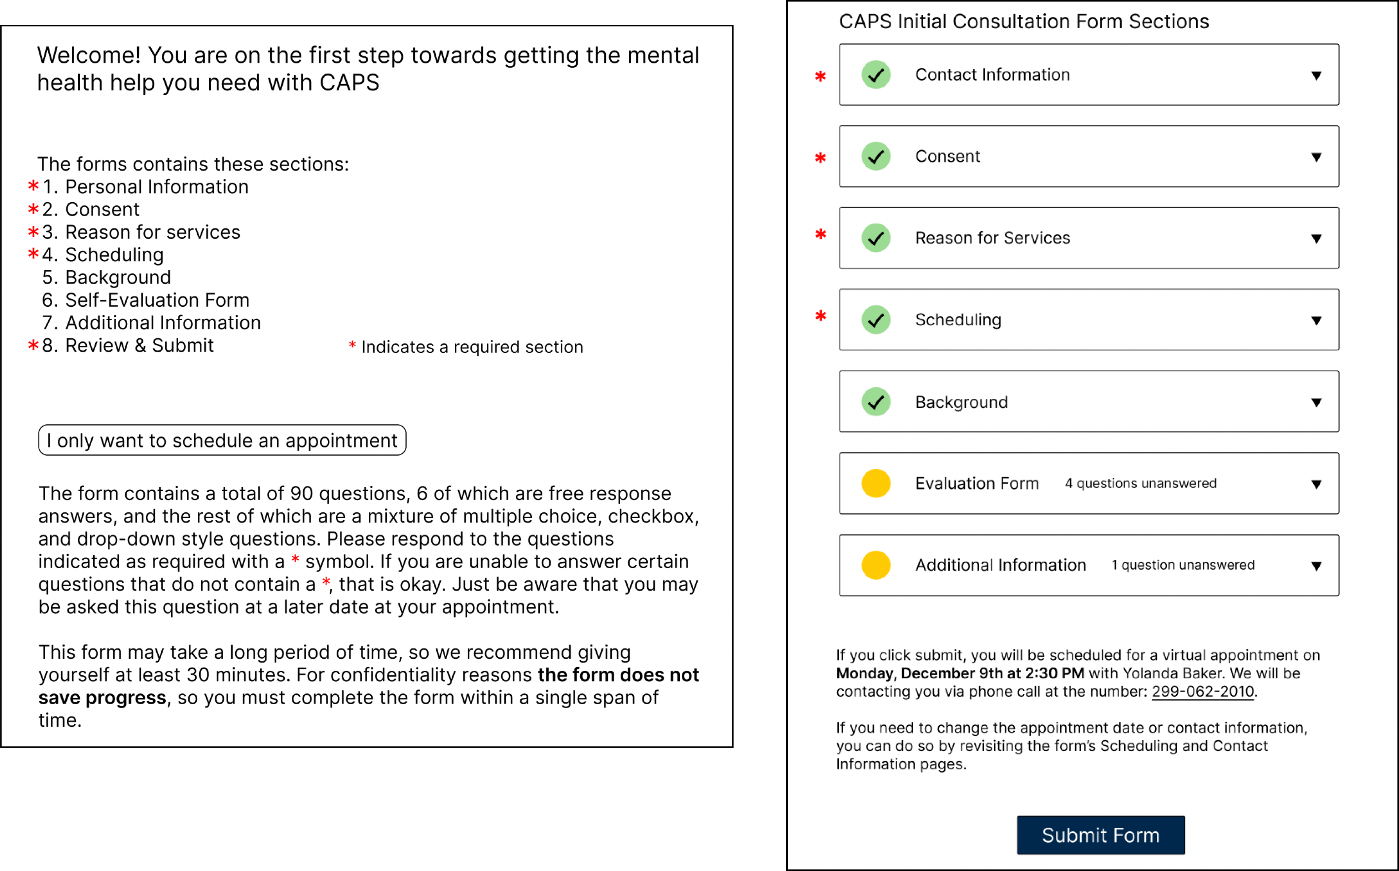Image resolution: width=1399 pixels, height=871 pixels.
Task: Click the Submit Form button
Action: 1101,835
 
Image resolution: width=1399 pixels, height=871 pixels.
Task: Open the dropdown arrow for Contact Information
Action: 1316,75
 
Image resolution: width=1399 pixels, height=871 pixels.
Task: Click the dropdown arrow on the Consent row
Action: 1316,157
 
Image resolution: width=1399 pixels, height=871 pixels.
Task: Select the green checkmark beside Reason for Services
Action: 876,238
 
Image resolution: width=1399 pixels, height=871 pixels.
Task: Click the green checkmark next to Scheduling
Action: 876,320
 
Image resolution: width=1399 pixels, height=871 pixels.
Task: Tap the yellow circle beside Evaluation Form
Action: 876,483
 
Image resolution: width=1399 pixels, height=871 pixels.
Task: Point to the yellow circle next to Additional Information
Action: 876,565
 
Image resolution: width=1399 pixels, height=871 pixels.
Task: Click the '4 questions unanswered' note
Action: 1140,483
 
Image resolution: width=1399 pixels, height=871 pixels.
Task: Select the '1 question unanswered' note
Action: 1182,565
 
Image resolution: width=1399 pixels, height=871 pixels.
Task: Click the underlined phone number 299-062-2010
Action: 1202,691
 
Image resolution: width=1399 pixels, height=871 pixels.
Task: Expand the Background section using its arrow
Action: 1316,402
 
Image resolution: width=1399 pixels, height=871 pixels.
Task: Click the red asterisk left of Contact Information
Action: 821,76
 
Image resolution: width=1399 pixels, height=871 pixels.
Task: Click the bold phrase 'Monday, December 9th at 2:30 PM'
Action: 960,673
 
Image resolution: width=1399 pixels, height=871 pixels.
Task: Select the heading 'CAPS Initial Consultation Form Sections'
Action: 1023,21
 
